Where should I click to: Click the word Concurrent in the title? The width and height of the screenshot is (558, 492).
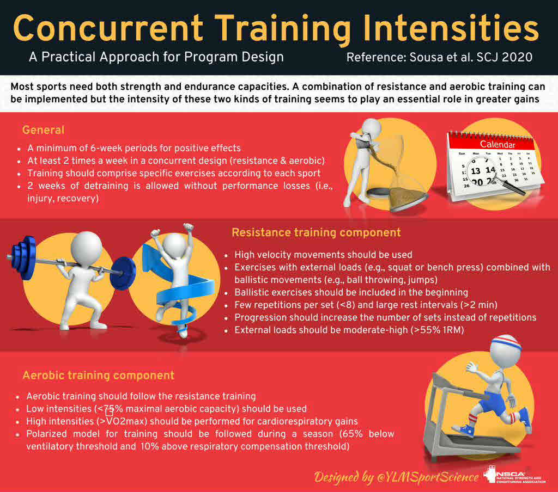[108, 28]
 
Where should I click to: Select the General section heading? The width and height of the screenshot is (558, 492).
[44, 130]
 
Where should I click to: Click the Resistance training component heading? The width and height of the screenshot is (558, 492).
[316, 232]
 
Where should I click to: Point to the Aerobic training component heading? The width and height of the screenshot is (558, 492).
[98, 376]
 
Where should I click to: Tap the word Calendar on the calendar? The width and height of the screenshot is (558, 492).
[497, 144]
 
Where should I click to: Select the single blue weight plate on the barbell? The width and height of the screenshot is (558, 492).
[123, 273]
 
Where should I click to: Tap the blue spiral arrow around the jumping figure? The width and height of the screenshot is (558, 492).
[178, 285]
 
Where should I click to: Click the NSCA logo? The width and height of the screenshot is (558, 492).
[514, 476]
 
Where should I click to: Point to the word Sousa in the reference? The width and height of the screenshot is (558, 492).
[426, 57]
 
